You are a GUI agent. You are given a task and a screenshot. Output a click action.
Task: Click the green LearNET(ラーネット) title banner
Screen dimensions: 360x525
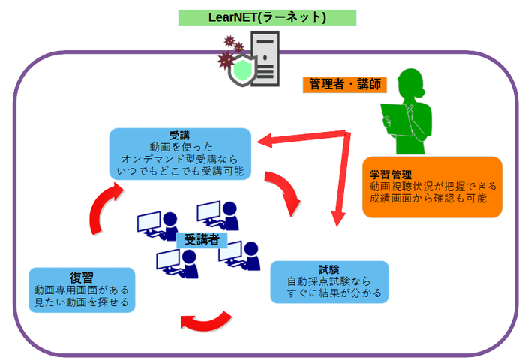[x=267, y=16]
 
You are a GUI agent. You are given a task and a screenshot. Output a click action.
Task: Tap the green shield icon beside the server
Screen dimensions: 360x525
[x=241, y=70]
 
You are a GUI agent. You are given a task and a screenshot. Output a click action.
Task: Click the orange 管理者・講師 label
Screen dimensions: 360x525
[x=344, y=84]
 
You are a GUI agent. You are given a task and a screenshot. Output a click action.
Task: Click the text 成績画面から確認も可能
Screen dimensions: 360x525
[x=427, y=199]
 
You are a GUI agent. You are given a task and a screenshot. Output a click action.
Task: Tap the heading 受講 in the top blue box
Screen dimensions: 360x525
[x=179, y=136]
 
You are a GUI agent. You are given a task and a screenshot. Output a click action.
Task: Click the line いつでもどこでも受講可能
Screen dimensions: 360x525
[x=179, y=172]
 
